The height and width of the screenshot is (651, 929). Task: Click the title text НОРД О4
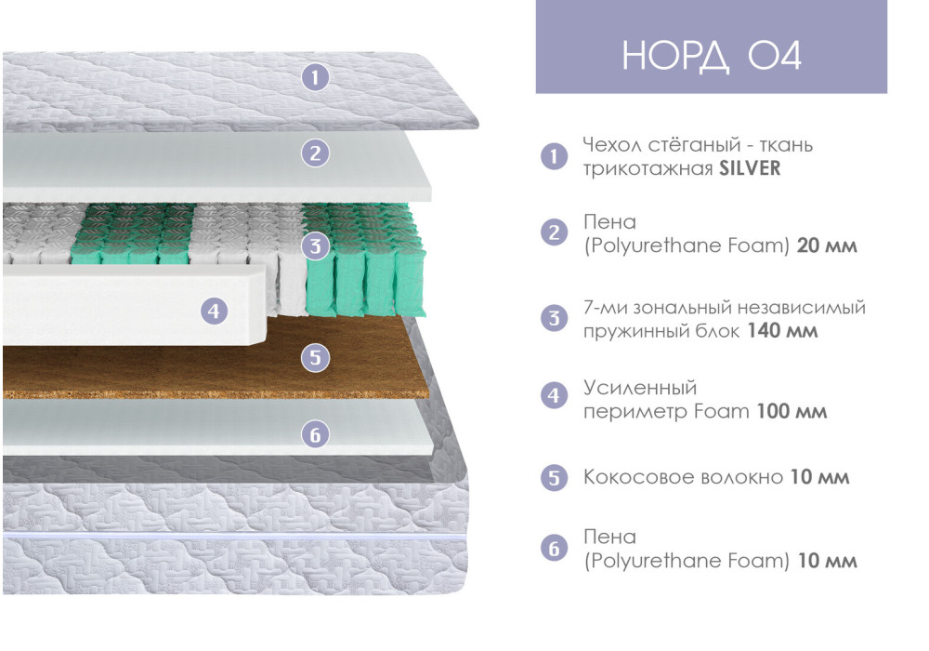(x=712, y=57)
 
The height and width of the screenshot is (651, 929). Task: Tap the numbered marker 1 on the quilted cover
(x=315, y=77)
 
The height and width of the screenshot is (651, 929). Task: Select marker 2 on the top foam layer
(x=315, y=153)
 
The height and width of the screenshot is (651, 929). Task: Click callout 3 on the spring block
(x=315, y=246)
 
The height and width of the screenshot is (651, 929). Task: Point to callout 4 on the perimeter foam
(x=214, y=311)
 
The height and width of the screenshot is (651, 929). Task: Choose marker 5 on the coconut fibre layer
(x=315, y=357)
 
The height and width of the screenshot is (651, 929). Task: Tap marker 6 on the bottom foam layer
(x=315, y=434)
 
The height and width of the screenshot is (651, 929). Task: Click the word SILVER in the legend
(x=750, y=168)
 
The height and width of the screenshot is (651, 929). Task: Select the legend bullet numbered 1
(x=554, y=156)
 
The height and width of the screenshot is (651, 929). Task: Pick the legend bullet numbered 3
(x=554, y=318)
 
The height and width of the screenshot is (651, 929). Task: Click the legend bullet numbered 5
(x=554, y=477)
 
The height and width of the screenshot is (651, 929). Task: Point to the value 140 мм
(x=782, y=330)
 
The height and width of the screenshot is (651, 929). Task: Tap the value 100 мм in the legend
(x=792, y=411)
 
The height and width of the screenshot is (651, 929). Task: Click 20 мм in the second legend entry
(x=827, y=245)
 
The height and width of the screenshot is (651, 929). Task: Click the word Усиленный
(x=640, y=389)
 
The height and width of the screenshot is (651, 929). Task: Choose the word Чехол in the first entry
(x=612, y=145)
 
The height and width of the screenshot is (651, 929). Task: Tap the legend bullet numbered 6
(x=554, y=548)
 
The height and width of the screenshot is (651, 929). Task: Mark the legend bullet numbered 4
(x=554, y=395)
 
